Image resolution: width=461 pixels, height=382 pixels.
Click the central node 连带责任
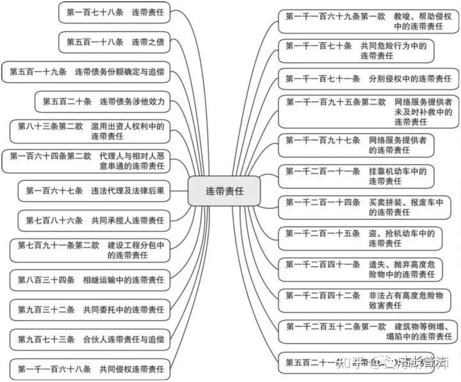[x=224, y=191]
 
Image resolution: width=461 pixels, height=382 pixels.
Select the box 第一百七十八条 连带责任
[x=115, y=12]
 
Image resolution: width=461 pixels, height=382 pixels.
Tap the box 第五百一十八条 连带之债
[x=115, y=42]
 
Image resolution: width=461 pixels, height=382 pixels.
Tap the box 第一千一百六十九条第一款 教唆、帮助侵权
[x=368, y=21]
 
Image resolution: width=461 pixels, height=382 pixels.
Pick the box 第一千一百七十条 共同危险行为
[x=355, y=51]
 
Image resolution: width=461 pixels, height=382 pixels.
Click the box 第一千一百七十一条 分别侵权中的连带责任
[x=368, y=79]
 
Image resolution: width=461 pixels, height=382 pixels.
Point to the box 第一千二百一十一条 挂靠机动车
[x=355, y=176]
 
